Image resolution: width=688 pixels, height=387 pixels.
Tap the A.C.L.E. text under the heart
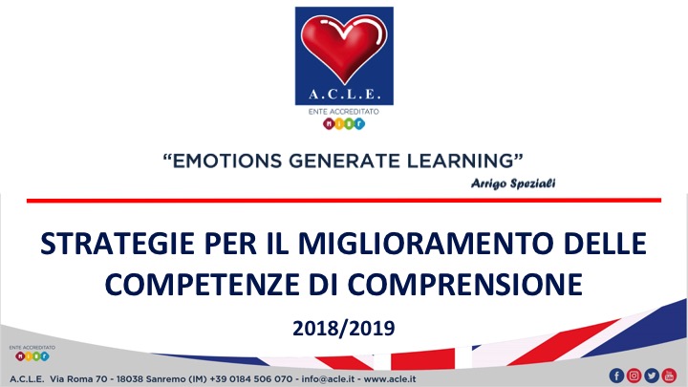tap(344, 94)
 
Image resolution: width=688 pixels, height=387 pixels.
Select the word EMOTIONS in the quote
tap(227, 161)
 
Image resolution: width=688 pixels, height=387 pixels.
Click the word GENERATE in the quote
tap(344, 161)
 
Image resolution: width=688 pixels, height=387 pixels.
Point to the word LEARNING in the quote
tap(460, 161)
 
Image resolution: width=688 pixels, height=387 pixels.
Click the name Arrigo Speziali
tap(513, 183)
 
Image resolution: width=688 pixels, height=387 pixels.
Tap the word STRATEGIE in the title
tap(118, 244)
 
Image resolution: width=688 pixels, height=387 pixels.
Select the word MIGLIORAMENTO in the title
tap(425, 244)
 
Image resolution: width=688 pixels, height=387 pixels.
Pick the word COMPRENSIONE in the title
tap(465, 285)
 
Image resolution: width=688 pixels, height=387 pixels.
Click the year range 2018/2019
tap(344, 328)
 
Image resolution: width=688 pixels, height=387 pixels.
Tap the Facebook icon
tap(616, 376)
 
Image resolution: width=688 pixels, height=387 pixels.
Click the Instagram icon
tap(634, 376)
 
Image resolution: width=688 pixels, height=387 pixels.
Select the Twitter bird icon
tap(652, 376)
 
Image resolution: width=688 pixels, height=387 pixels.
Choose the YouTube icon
tap(669, 376)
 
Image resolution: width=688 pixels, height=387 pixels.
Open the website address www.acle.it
tap(390, 378)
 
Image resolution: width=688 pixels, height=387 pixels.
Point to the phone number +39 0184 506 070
tap(250, 378)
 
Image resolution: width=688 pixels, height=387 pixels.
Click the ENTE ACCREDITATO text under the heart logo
tap(344, 112)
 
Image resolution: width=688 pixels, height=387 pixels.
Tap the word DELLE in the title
tap(605, 244)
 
